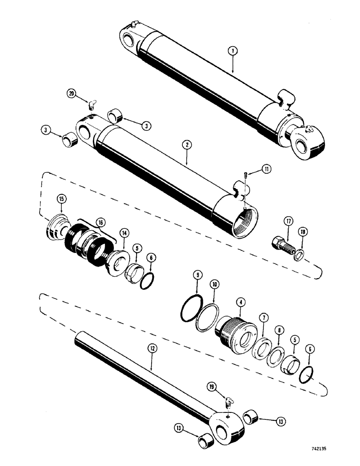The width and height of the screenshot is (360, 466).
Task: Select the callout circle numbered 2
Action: point(187,145)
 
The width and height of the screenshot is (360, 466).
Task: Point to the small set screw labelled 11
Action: point(245,175)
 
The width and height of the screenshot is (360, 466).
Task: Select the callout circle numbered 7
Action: point(263,318)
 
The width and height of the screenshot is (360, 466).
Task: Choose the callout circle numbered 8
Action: point(278,331)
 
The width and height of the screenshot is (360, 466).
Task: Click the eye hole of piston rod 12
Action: point(229,422)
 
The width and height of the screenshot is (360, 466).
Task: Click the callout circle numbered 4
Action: point(241,303)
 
